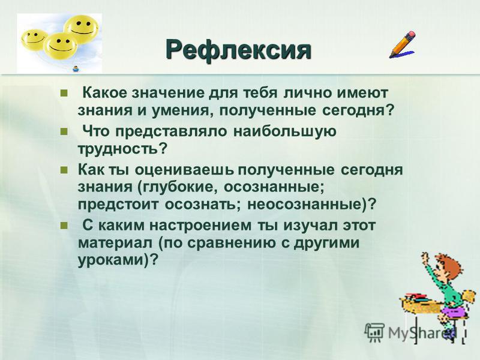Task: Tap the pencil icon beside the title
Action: point(402,44)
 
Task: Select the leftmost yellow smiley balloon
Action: point(34,40)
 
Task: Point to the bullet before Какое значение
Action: point(64,93)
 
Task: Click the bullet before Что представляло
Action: point(64,131)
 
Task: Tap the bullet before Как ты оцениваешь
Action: point(64,170)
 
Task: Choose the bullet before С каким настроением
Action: point(64,226)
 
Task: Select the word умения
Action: point(181,110)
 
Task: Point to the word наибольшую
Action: point(285,131)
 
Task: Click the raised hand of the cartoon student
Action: point(425,258)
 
